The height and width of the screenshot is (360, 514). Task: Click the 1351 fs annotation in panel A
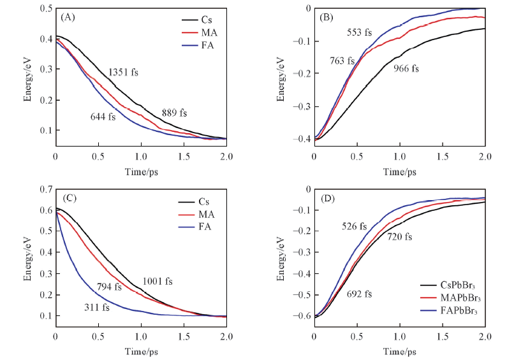(x=123, y=72)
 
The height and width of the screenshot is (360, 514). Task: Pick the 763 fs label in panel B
(x=342, y=61)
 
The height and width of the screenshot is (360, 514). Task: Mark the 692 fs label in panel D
(x=359, y=294)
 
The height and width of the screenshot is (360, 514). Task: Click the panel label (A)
(x=67, y=17)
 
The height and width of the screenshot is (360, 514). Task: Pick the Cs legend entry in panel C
(x=205, y=201)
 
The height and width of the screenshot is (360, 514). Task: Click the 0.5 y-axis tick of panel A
(x=46, y=9)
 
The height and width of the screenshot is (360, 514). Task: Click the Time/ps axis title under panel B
(x=399, y=172)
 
